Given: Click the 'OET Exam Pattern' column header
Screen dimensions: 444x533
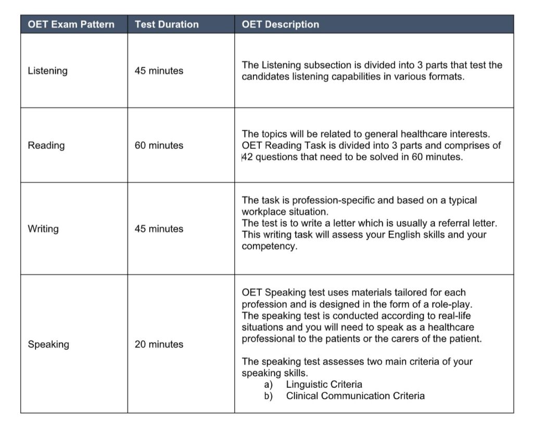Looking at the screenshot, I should (x=71, y=24).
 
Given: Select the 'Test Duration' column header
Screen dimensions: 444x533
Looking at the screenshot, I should (x=167, y=24).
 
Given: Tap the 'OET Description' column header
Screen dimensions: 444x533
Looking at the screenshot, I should (x=280, y=24).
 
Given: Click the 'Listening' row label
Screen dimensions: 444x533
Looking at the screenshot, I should (x=47, y=71).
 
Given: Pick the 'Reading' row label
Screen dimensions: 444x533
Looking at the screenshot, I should (x=46, y=145).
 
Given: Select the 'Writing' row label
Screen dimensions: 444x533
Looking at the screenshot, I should (x=43, y=229).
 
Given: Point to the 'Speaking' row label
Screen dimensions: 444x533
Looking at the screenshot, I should (x=48, y=344).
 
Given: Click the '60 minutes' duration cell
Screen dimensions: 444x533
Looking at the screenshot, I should (x=159, y=145).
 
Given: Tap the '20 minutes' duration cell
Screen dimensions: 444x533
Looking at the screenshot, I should (x=159, y=344).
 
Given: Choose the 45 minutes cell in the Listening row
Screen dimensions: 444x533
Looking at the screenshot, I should (x=159, y=71).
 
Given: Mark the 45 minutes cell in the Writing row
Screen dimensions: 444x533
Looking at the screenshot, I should (x=159, y=229).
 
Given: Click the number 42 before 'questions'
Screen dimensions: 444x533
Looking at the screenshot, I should (x=248, y=157).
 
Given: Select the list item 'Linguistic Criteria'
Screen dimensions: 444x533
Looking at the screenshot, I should (x=324, y=385).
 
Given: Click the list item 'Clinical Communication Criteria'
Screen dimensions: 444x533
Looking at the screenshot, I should (x=355, y=396).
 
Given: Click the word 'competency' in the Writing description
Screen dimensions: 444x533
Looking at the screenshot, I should (x=268, y=246).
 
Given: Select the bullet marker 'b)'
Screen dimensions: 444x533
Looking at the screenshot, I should (x=269, y=396).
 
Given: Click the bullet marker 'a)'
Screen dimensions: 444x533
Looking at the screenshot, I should (x=269, y=385).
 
